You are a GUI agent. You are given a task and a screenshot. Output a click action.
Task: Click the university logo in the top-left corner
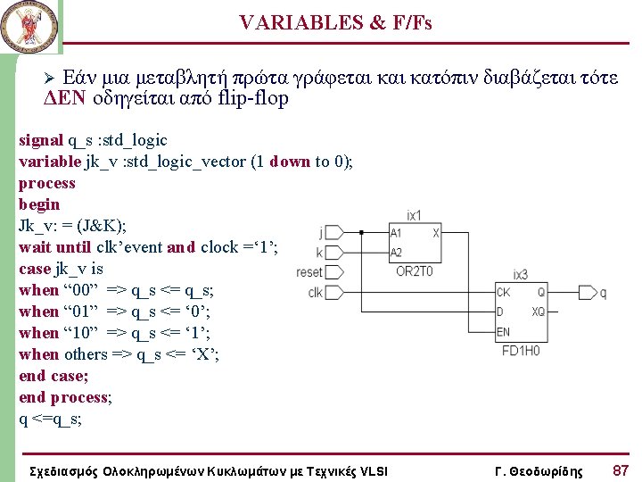click(x=27, y=27)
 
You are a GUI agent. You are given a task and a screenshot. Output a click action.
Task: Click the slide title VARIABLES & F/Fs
click(x=335, y=23)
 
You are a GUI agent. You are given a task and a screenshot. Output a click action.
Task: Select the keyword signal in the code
click(x=41, y=140)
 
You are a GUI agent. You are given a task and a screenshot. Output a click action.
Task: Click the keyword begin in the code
click(x=39, y=204)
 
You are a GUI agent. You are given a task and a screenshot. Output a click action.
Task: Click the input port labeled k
click(x=333, y=253)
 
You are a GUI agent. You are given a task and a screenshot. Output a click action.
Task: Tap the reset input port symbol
click(x=333, y=272)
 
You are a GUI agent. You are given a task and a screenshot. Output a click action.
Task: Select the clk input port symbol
click(x=333, y=292)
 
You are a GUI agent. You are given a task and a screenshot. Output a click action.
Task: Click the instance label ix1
click(x=414, y=215)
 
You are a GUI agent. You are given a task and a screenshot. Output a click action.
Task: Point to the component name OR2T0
click(x=415, y=271)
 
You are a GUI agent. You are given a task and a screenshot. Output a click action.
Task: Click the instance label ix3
click(x=520, y=275)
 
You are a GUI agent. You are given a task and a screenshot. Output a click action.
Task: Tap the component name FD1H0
click(x=521, y=350)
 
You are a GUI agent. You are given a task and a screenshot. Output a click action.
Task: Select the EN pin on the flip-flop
click(x=505, y=332)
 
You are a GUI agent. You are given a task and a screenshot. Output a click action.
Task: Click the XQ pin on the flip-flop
click(x=538, y=312)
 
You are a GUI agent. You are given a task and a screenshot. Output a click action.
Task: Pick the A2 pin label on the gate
click(x=398, y=253)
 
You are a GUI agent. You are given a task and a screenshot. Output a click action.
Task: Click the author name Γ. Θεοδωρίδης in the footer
click(x=538, y=470)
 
